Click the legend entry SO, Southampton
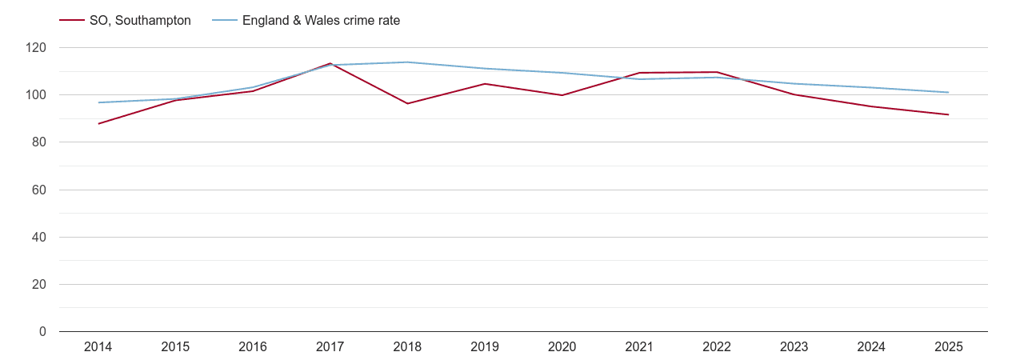(140, 21)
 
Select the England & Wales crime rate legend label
(321, 21)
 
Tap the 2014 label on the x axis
(98, 346)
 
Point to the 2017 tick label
(330, 346)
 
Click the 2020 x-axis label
(562, 346)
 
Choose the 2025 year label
(948, 346)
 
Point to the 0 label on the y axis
(43, 332)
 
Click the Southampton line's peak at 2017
(330, 63)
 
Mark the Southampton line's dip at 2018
(407, 103)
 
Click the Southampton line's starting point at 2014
(98, 124)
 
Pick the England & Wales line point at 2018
(407, 62)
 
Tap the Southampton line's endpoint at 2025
(948, 114)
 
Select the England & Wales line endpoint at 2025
(948, 92)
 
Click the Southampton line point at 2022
(716, 72)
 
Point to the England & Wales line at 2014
(98, 102)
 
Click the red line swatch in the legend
(71, 21)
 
